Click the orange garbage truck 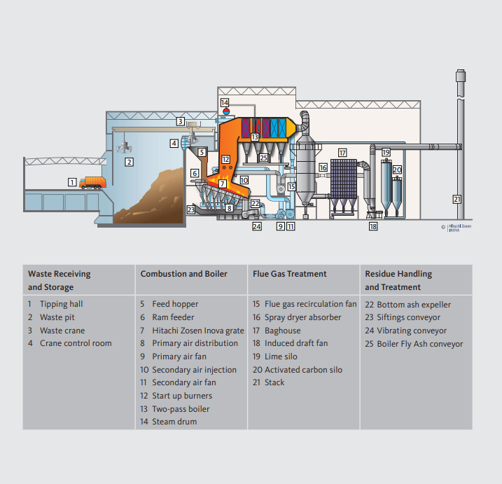click(92, 183)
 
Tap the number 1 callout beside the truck click(72, 182)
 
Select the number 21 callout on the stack click(457, 199)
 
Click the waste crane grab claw click(125, 147)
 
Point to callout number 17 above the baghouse click(342, 152)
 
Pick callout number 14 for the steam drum click(225, 103)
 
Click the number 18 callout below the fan click(373, 227)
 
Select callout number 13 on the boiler click(255, 137)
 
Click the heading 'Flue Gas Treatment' click(289, 274)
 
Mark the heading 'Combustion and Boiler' click(183, 274)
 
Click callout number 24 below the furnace click(257, 227)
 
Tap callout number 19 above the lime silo click(386, 152)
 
